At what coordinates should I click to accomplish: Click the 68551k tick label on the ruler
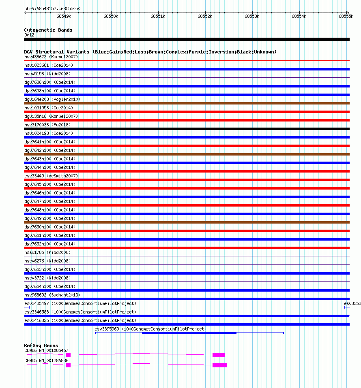(157, 17)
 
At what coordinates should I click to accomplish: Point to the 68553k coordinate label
(251, 17)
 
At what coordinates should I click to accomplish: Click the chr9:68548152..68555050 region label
(52, 9)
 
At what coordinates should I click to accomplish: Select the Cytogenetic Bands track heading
(48, 30)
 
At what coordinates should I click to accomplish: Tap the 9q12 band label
(30, 35)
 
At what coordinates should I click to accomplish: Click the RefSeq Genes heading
(41, 345)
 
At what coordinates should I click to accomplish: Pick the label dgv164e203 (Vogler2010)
(52, 99)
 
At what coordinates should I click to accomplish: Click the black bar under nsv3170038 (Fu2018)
(187, 129)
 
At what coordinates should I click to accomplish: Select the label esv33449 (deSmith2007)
(51, 176)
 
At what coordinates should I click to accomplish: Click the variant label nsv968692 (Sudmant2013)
(52, 295)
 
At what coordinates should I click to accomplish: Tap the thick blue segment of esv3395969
(189, 333)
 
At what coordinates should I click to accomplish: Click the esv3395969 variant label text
(150, 329)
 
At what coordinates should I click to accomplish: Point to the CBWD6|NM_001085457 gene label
(46, 350)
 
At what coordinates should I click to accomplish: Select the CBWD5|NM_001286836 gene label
(46, 360)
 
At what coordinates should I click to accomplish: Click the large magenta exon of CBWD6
(219, 355)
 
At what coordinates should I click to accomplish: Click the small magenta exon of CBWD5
(68, 365)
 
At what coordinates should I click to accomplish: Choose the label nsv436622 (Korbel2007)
(51, 57)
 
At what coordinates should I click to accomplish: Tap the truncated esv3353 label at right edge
(352, 303)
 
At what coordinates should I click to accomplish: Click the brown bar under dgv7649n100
(187, 222)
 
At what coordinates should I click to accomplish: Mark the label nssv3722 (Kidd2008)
(47, 278)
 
